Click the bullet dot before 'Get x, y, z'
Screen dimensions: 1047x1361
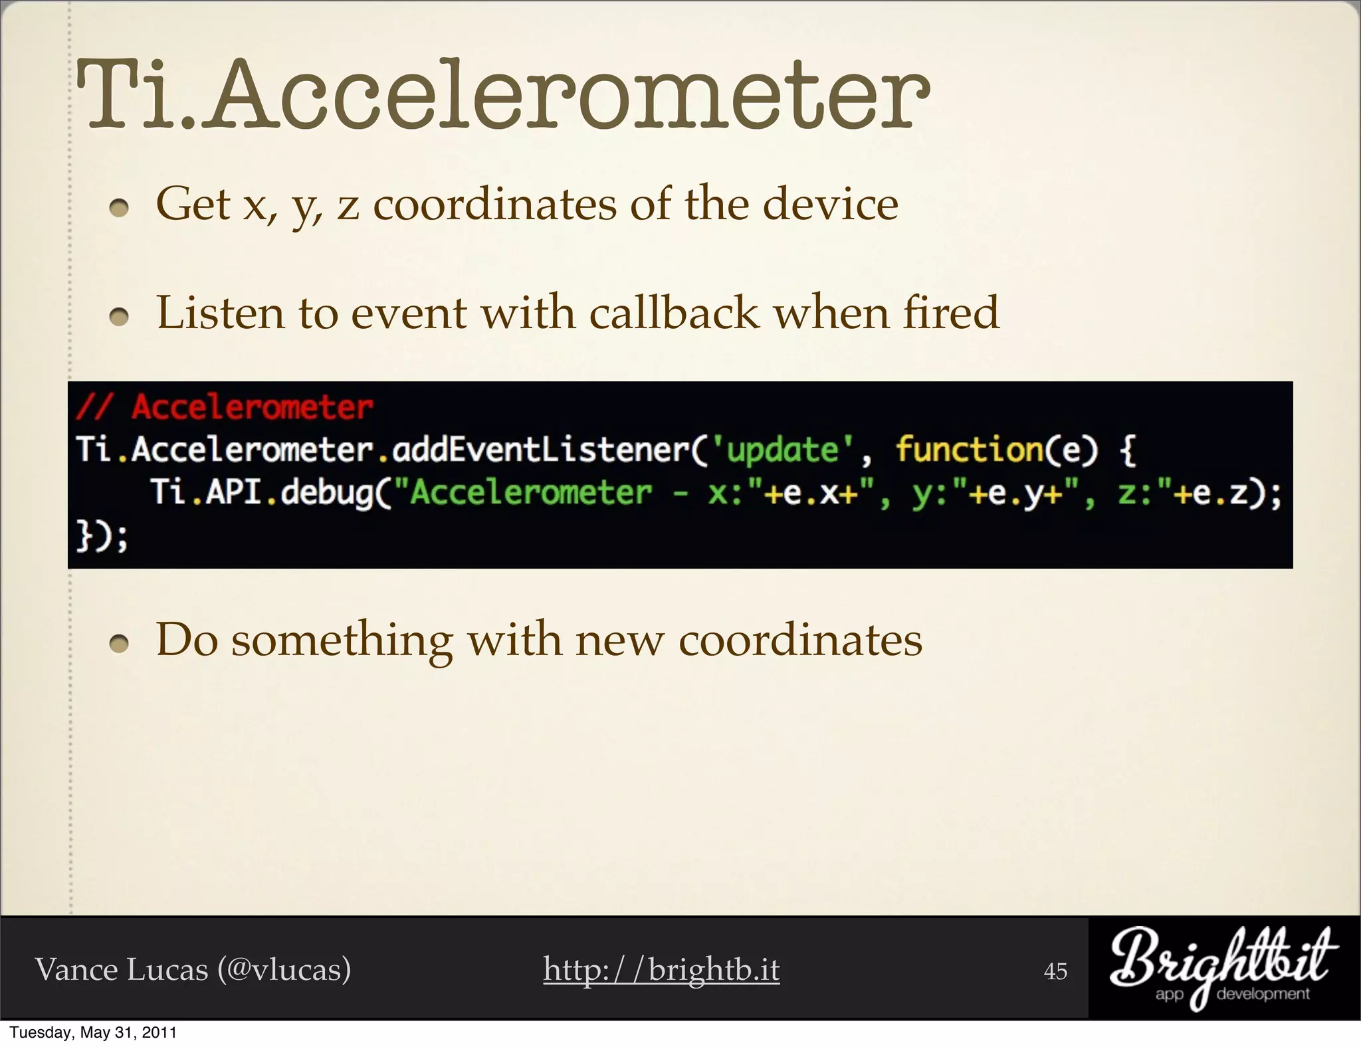(x=119, y=209)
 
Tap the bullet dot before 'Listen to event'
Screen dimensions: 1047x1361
(x=119, y=318)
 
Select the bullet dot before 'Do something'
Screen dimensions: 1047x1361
(x=119, y=644)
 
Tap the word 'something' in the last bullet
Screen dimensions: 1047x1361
(x=342, y=640)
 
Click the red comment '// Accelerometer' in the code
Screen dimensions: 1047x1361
(x=225, y=407)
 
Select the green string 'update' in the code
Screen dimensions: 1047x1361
(x=782, y=450)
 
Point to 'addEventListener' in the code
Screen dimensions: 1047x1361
(x=541, y=450)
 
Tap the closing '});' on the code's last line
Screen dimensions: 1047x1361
(x=102, y=536)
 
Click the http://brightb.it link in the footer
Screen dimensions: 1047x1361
(x=661, y=969)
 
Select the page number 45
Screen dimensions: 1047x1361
(x=1055, y=971)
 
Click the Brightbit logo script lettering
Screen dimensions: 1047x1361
(x=1221, y=960)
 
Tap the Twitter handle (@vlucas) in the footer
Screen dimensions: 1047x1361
(x=284, y=969)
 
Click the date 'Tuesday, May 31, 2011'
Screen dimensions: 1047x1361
(x=93, y=1032)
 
